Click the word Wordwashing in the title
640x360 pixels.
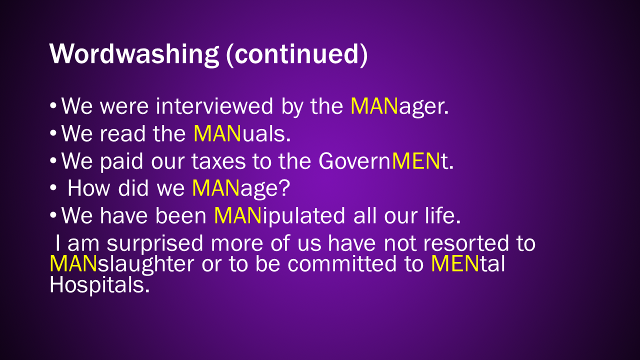point(134,54)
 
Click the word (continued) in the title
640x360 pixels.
point(297,55)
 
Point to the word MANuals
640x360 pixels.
point(242,133)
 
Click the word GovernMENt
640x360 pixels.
point(386,161)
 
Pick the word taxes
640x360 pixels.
point(218,161)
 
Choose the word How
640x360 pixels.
point(88,188)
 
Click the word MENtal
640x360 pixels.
point(468,263)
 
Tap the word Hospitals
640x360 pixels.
point(99,285)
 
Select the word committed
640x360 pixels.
point(342,263)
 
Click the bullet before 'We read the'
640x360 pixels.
point(53,133)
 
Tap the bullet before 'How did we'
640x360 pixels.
point(53,188)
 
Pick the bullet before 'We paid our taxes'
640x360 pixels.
point(53,160)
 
